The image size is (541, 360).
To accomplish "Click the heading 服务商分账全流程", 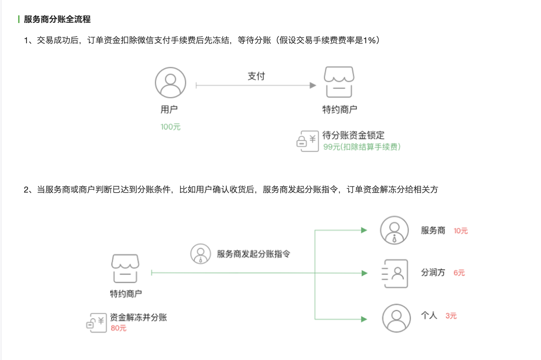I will [57, 19].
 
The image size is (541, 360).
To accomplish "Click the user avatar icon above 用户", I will [170, 83].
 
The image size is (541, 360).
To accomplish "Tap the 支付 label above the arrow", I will [256, 76].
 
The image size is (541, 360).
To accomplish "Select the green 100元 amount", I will [170, 127].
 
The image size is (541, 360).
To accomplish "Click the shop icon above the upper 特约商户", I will [339, 82].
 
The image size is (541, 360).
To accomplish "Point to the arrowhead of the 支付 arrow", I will [313, 85].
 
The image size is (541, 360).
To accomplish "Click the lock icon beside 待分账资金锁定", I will [307, 141].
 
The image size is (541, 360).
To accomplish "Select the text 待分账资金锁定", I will [353, 135].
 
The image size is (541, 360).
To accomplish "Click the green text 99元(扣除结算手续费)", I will [362, 147].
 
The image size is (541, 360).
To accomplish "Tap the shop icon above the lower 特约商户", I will [125, 268].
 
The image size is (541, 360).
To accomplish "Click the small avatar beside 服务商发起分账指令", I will [200, 254].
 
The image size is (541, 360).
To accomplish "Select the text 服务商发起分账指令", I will [253, 254].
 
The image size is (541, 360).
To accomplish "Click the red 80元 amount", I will [119, 328].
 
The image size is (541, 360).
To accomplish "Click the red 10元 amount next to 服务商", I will [460, 231].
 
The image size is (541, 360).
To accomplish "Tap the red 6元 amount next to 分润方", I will [459, 273].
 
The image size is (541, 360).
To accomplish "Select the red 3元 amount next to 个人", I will [451, 316].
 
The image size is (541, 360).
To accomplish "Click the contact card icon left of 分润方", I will [395, 273].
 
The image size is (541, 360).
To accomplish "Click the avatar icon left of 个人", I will [396, 318].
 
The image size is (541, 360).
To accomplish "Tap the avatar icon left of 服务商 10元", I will [394, 230].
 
